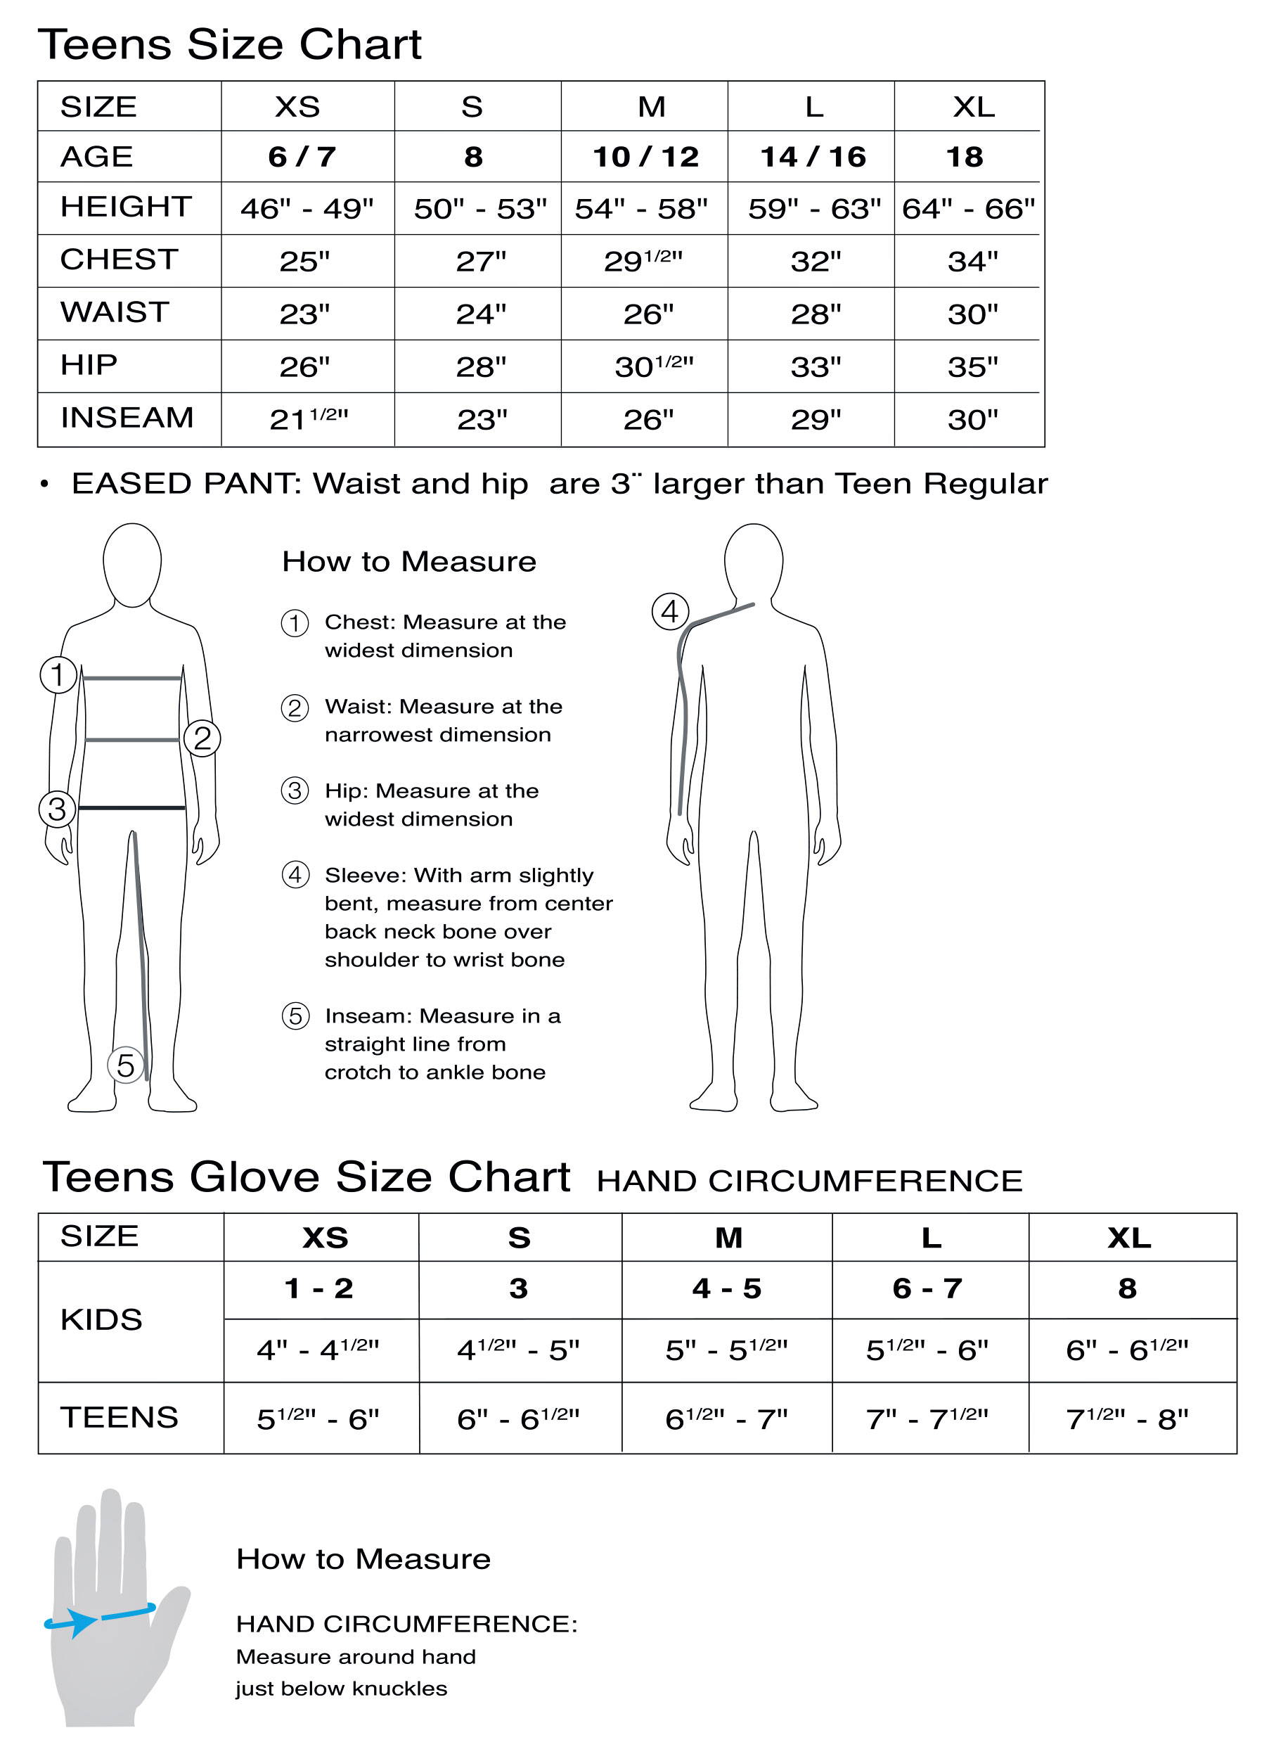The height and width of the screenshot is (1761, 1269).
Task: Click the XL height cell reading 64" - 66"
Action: [x=968, y=209]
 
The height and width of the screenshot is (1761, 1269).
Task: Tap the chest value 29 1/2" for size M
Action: [x=643, y=261]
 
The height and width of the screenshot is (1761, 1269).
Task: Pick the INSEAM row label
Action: [x=127, y=418]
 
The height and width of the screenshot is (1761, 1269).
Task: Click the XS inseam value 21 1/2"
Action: [x=308, y=419]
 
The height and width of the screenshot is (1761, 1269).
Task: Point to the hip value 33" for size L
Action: [x=815, y=366]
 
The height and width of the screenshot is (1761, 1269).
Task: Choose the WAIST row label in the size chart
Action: [x=114, y=312]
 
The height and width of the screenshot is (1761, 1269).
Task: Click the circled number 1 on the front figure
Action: [x=58, y=674]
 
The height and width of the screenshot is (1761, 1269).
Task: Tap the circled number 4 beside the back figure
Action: [x=670, y=611]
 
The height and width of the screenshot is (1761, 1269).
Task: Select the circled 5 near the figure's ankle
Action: [x=126, y=1065]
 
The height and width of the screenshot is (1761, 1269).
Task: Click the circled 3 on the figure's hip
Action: [x=58, y=809]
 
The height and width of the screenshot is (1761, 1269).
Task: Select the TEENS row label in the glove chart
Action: [x=119, y=1418]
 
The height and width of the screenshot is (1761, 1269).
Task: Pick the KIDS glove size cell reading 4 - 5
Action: [x=726, y=1289]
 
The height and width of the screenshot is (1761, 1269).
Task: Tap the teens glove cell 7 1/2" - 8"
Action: [x=1127, y=1419]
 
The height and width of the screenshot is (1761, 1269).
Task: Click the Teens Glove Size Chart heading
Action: [x=307, y=1177]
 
